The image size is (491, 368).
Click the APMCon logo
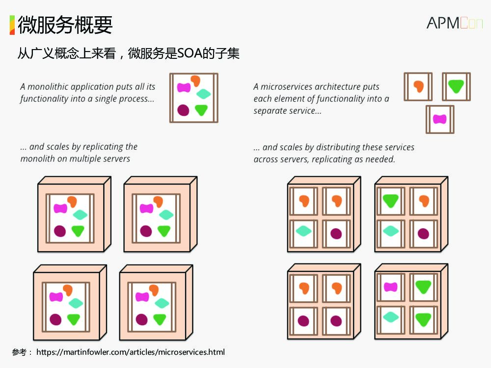(454, 23)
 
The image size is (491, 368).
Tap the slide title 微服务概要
(65, 25)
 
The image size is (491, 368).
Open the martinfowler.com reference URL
(131, 352)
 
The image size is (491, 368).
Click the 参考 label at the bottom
(20, 352)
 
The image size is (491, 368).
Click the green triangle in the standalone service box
(456, 86)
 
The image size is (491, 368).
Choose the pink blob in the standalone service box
(439, 119)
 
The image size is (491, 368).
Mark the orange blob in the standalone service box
(418, 86)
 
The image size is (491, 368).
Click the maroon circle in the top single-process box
(183, 110)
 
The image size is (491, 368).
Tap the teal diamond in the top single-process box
(203, 94)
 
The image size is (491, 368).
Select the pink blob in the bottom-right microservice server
(390, 287)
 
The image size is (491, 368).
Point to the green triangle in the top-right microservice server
(391, 200)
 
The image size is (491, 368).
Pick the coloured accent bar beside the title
(12, 25)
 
